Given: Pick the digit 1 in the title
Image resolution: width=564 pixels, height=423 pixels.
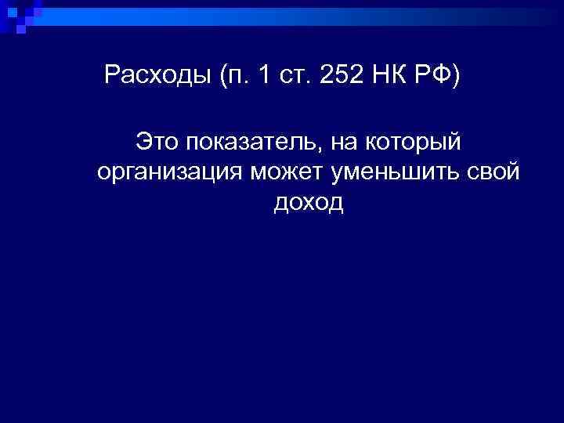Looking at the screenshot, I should (264, 78).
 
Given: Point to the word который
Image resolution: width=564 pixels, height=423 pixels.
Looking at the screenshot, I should (415, 143).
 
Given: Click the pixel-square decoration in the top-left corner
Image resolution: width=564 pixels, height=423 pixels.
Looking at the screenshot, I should (17, 16).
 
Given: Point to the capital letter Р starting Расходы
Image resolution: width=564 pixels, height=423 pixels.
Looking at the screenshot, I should (112, 77).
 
